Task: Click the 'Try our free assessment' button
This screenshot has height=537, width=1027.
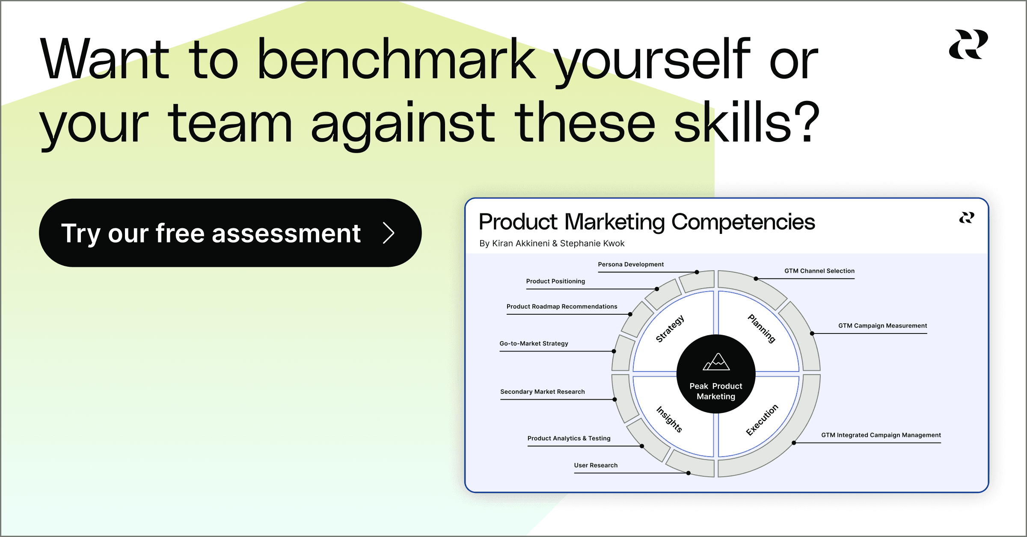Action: coord(230,233)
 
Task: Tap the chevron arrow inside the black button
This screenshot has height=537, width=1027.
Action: coord(389,233)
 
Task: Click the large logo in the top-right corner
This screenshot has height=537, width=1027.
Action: coord(968,44)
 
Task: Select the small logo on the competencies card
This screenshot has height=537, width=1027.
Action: coord(966,218)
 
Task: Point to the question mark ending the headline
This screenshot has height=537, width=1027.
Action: coord(808,122)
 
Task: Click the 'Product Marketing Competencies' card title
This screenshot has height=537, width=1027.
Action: coord(647,222)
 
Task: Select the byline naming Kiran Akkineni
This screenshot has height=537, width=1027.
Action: coord(552,243)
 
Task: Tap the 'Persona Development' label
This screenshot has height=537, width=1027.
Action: coord(631,264)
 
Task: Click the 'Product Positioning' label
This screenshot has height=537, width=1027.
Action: coord(555,281)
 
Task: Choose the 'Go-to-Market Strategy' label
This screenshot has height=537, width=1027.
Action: coord(534,343)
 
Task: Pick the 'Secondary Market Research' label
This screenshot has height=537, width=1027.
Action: coord(542,392)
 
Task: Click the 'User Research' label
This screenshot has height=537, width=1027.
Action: coord(596,465)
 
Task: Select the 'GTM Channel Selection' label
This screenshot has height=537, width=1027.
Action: coord(819,271)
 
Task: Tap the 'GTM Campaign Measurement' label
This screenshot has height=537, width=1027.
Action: coord(882,325)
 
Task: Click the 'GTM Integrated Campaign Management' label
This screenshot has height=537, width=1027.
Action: coord(881,435)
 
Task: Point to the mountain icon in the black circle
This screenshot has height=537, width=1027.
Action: coord(716,362)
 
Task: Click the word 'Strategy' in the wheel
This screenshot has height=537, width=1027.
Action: coord(670,328)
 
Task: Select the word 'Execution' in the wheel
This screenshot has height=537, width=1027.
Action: coord(762,419)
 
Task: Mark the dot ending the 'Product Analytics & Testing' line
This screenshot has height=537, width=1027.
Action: coord(642,446)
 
